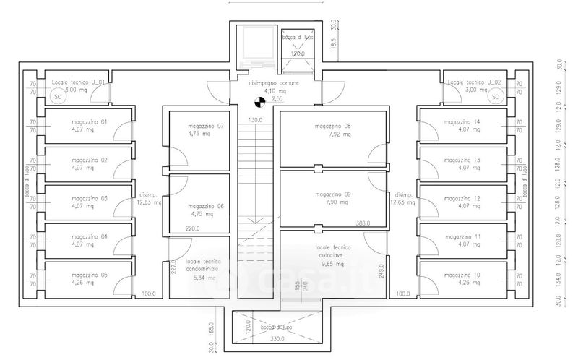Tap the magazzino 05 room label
tap(90, 275)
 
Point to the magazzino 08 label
tap(333, 126)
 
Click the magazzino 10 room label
tap(462, 275)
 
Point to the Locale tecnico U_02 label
tap(473, 82)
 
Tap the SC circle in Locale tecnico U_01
tap(56, 96)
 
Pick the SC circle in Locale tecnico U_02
tap(495, 96)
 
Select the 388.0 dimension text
tap(362, 223)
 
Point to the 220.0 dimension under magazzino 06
tap(192, 229)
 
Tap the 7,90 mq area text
tap(333, 203)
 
